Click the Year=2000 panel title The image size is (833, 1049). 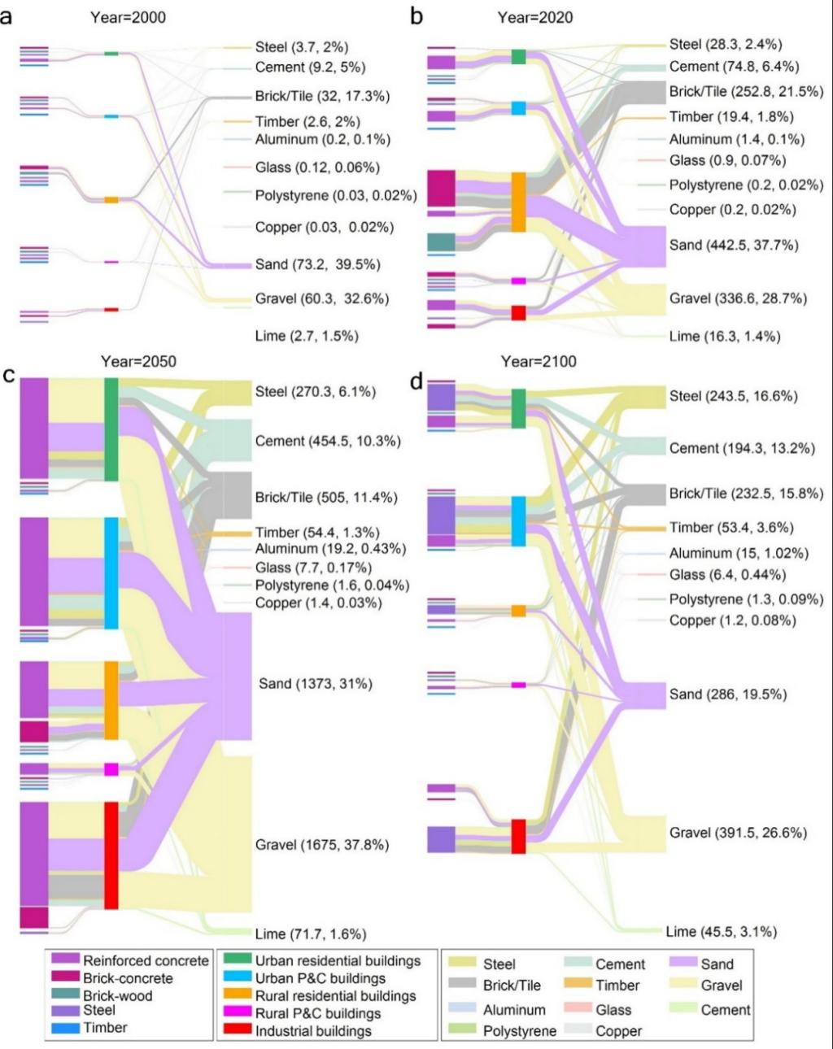click(x=128, y=17)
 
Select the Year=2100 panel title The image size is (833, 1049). click(x=538, y=361)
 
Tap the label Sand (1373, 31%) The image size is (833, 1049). click(x=315, y=684)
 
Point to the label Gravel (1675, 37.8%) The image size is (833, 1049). click(x=321, y=845)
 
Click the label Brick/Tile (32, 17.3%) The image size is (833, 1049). click(x=321, y=96)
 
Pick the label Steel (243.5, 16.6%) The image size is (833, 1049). click(x=733, y=396)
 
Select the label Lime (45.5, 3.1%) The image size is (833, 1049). click(x=721, y=931)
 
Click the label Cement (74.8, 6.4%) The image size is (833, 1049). click(x=734, y=67)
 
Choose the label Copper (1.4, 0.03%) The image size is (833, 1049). click(x=318, y=603)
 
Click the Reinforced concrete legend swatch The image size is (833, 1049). click(x=64, y=960)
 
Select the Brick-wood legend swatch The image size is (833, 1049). click(x=64, y=995)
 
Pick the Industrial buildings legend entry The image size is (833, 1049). click(x=313, y=1030)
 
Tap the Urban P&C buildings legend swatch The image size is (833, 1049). click(x=237, y=977)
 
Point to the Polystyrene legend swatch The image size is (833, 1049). click(x=463, y=1030)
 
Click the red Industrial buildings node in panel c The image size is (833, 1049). click(x=111, y=855)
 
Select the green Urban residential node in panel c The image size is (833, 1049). click(x=111, y=429)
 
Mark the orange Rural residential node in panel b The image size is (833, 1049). click(x=518, y=202)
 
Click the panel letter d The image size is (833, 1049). click(x=416, y=381)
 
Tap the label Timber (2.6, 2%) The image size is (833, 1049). click(x=307, y=121)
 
